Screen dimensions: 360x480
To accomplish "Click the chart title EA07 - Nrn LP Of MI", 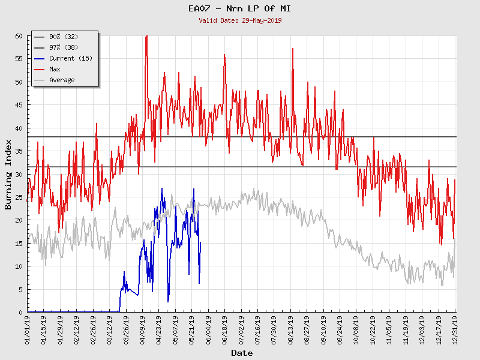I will pyautogui.click(x=240, y=8).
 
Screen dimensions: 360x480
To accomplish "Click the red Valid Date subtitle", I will pyautogui.click(x=240, y=20).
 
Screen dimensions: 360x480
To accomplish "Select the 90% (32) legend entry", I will pyautogui.click(x=62, y=37).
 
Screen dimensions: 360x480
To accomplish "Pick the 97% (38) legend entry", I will pyautogui.click(x=62, y=48).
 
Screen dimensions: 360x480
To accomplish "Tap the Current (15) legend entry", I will pyautogui.click(x=70, y=59).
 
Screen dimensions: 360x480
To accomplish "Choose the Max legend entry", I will pyautogui.click(x=55, y=70).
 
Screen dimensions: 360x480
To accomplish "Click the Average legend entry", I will pyautogui.click(x=62, y=80).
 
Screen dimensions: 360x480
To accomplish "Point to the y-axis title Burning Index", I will pyautogui.click(x=8, y=174).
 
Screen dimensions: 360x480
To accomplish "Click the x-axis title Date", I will pyautogui.click(x=242, y=353).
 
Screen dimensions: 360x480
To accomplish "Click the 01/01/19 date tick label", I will pyautogui.click(x=28, y=329).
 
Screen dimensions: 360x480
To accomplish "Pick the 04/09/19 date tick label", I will pyautogui.click(x=143, y=329).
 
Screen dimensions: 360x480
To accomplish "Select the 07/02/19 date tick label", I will pyautogui.click(x=241, y=329).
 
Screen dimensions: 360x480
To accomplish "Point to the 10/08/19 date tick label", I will pyautogui.click(x=356, y=329).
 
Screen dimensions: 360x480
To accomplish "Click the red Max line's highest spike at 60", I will pyautogui.click(x=146, y=37).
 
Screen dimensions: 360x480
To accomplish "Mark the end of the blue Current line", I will pyautogui.click(x=200, y=242).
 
